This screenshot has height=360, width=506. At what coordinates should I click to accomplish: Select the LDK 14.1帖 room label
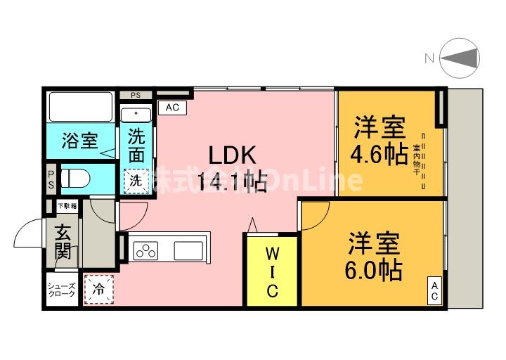pyautogui.click(x=231, y=169)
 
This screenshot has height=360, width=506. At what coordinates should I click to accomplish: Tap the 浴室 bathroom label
pyautogui.click(x=79, y=140)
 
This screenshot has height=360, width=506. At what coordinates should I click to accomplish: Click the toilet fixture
pyautogui.click(x=82, y=179)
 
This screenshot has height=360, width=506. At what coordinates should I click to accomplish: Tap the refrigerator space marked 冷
pyautogui.click(x=98, y=288)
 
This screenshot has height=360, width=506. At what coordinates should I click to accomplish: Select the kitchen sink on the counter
pyautogui.click(x=189, y=250)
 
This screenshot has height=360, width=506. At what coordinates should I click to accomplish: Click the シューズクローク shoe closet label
pyautogui.click(x=62, y=290)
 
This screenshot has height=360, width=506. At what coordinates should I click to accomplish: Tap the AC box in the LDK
pyautogui.click(x=172, y=108)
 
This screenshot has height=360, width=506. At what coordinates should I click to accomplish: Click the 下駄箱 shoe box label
pyautogui.click(x=67, y=205)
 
